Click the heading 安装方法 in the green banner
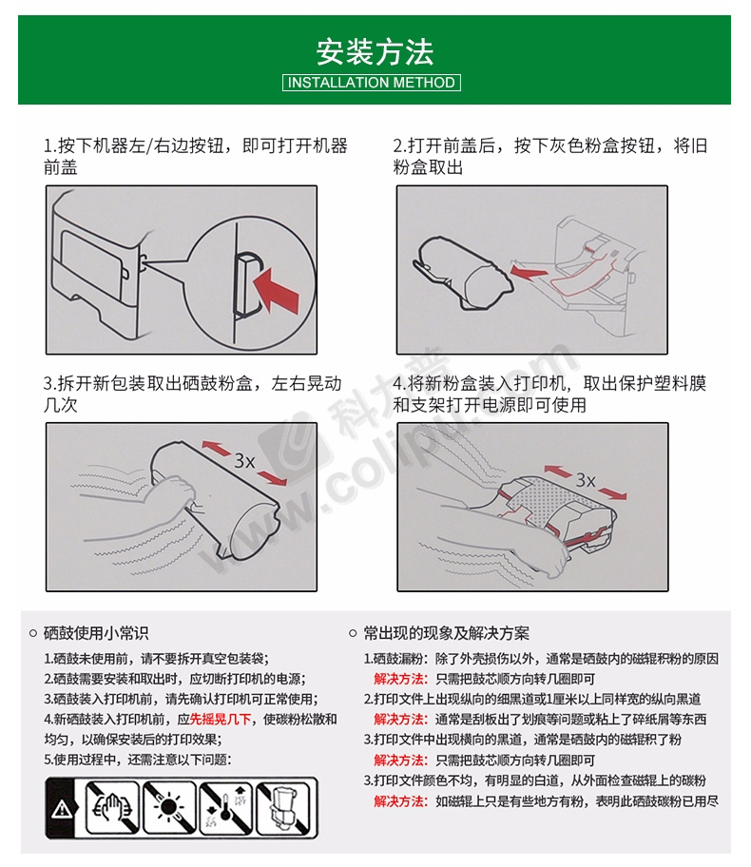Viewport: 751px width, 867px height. click(x=375, y=52)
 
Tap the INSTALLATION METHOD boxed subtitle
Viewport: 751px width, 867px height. click(x=371, y=83)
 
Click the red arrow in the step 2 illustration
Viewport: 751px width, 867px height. click(x=530, y=272)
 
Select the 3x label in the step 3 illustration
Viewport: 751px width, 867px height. click(x=245, y=460)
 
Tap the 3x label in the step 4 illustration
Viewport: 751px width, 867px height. click(x=586, y=479)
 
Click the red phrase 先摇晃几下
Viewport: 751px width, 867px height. click(x=221, y=719)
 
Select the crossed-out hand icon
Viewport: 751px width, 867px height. click(x=113, y=808)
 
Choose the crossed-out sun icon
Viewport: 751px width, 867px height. click(x=169, y=808)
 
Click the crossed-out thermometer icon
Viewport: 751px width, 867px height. click(x=225, y=808)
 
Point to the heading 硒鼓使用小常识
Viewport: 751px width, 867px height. click(x=96, y=633)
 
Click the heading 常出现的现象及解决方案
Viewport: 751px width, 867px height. click(x=446, y=633)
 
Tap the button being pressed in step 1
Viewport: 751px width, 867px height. click(x=246, y=285)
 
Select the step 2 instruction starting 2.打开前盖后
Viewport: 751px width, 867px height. click(x=549, y=156)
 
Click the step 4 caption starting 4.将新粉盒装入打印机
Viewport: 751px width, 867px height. click(x=549, y=394)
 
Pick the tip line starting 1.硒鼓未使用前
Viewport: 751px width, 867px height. click(x=157, y=659)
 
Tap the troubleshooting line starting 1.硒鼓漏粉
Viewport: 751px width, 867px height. click(x=541, y=659)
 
